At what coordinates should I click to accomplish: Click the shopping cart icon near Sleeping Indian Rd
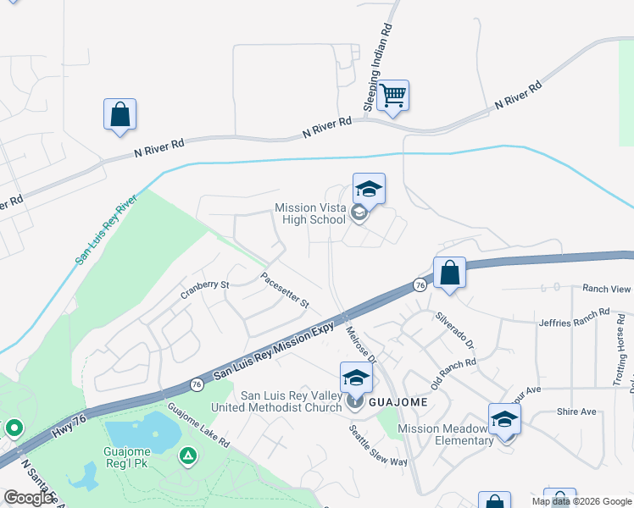point(392,96)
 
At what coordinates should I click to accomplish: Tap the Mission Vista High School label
point(310,213)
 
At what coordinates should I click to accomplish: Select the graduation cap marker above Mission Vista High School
point(369,190)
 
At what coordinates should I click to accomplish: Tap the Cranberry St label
point(204,290)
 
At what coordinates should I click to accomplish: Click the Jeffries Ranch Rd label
point(574,317)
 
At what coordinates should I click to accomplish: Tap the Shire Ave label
point(576,411)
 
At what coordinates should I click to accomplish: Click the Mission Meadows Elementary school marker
point(504,420)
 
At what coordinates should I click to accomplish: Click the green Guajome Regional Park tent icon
point(187,456)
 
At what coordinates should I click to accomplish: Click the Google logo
point(30,498)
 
